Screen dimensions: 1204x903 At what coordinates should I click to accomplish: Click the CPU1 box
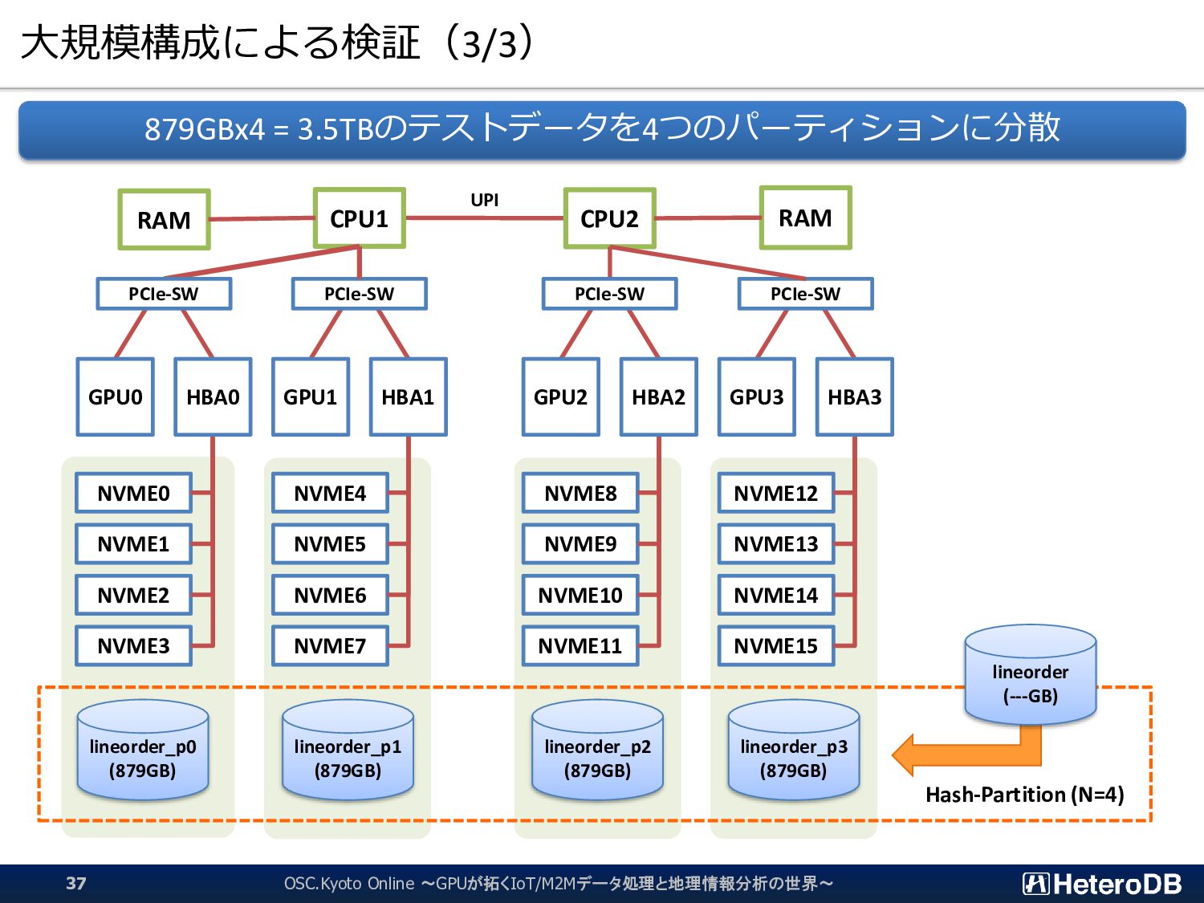pyautogui.click(x=360, y=218)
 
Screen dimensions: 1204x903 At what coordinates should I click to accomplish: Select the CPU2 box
pyautogui.click(x=609, y=218)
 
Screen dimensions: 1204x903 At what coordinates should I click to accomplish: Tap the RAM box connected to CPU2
pyautogui.click(x=805, y=218)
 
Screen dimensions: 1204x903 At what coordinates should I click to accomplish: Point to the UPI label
pyautogui.click(x=484, y=200)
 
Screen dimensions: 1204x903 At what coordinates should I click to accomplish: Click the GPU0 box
pyautogui.click(x=116, y=397)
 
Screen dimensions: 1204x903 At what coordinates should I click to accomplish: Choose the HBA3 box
pyautogui.click(x=855, y=397)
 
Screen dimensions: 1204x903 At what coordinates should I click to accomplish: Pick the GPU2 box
pyautogui.click(x=560, y=397)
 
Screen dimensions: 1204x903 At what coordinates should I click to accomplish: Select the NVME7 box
pyautogui.click(x=330, y=646)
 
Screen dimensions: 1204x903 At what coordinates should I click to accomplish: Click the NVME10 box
pyautogui.click(x=580, y=595)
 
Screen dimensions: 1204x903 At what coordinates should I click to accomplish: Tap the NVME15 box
pyautogui.click(x=776, y=646)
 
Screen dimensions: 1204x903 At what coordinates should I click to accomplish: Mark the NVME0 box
pyautogui.click(x=134, y=493)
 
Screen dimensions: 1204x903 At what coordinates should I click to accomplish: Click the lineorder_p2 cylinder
pyautogui.click(x=597, y=750)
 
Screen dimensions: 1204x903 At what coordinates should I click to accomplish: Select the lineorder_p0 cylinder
pyautogui.click(x=143, y=750)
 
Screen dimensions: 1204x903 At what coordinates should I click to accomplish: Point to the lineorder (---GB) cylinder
pyautogui.click(x=1031, y=675)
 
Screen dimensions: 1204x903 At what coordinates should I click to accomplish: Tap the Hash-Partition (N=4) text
pyautogui.click(x=1025, y=795)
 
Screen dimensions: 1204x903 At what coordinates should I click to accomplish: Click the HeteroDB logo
pyautogui.click(x=1101, y=884)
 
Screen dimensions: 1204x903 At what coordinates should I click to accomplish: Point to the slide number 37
pyautogui.click(x=76, y=883)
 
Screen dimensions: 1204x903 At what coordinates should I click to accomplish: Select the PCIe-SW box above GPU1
pyautogui.click(x=360, y=294)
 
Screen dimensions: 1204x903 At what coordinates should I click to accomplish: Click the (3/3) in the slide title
pyautogui.click(x=490, y=43)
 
